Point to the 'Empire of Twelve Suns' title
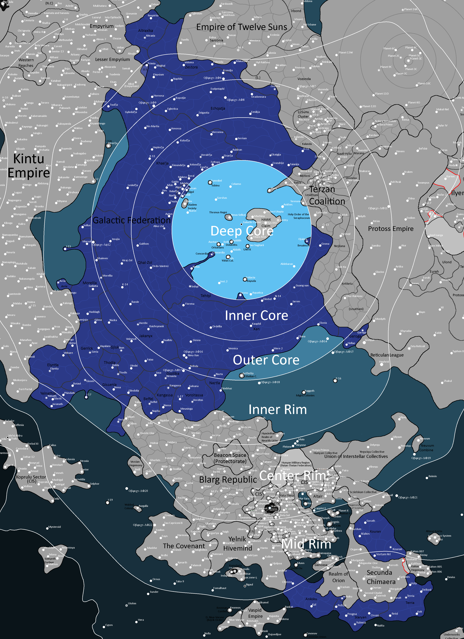tap(242, 27)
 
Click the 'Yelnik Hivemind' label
tap(237, 544)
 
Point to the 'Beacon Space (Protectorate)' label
tap(230, 458)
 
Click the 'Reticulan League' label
tap(387, 355)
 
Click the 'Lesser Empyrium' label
tap(112, 60)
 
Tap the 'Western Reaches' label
tap(26, 62)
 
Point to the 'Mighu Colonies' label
tap(305, 395)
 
